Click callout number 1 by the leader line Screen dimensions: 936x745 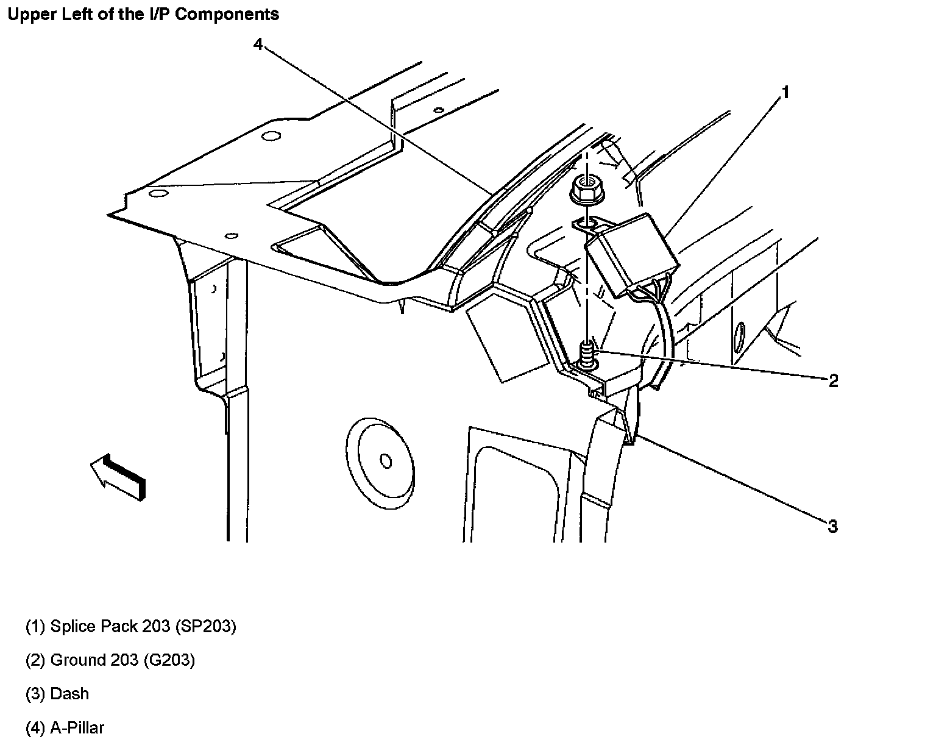pyautogui.click(x=785, y=93)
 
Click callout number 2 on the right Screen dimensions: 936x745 pyautogui.click(x=833, y=381)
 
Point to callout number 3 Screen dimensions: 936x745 pyautogui.click(x=832, y=526)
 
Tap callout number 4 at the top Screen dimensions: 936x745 pyautogui.click(x=258, y=45)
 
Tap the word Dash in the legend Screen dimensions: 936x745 pyautogui.click(x=69, y=694)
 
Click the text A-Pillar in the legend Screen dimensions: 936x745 pyautogui.click(x=77, y=727)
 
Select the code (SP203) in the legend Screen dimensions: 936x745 pyautogui.click(x=205, y=626)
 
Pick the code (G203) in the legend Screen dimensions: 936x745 pyautogui.click(x=169, y=660)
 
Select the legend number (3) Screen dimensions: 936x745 pyautogui.click(x=35, y=694)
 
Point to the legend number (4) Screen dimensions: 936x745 pyautogui.click(x=35, y=727)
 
